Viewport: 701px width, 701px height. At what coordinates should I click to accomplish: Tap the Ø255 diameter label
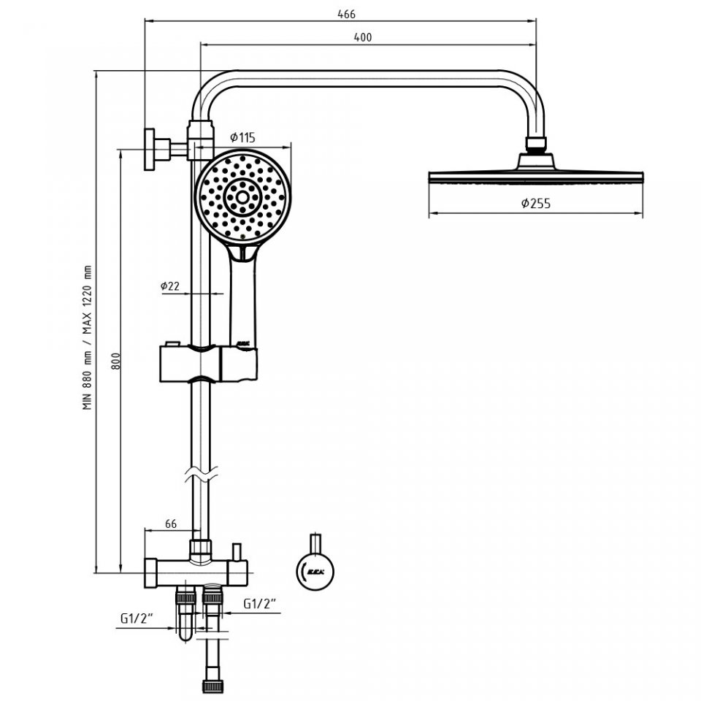coord(536,204)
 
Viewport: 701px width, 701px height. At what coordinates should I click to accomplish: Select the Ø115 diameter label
coord(242,137)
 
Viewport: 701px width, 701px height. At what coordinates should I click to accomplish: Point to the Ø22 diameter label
coord(170,286)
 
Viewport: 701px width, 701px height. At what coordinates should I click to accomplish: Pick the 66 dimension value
coord(171,524)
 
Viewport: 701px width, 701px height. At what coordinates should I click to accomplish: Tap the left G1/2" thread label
coord(137,619)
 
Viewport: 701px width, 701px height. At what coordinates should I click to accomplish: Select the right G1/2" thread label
coord(260,604)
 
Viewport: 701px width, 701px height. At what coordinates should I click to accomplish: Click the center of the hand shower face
coord(240,195)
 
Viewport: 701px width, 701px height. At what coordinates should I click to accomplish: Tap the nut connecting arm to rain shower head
coord(537,144)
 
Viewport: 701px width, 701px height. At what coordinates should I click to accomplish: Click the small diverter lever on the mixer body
coord(237,550)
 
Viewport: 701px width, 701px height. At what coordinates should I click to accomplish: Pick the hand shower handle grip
coord(242,299)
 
